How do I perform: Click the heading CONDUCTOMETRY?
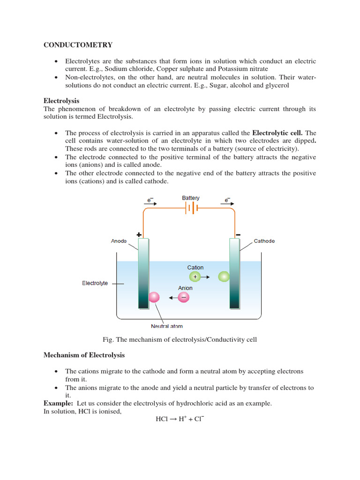(x=78, y=45)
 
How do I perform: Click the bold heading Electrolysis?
(x=61, y=101)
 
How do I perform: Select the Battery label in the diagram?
(x=191, y=198)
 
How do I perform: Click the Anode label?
(x=119, y=241)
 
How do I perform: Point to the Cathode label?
(x=264, y=241)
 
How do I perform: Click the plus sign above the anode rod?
(x=139, y=234)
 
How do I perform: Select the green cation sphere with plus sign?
(x=195, y=277)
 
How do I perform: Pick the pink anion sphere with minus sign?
(x=184, y=297)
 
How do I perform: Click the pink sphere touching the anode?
(x=154, y=297)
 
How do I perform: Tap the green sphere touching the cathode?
(x=224, y=277)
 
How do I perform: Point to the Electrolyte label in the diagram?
(x=95, y=283)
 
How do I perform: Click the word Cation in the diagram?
(x=195, y=268)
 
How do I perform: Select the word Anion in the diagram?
(x=185, y=288)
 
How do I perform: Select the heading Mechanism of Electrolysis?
(x=84, y=355)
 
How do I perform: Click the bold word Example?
(x=59, y=403)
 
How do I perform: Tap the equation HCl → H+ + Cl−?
(x=180, y=419)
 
